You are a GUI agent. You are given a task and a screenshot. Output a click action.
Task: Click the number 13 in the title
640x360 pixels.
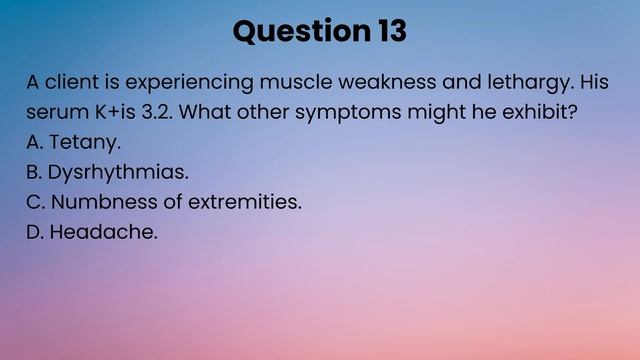392,31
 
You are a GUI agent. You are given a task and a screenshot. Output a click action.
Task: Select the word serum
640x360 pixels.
54,113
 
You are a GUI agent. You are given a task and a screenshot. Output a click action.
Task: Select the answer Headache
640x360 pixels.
104,232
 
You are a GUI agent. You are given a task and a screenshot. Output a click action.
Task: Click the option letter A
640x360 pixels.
34,142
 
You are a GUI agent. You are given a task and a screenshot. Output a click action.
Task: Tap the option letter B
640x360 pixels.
34,172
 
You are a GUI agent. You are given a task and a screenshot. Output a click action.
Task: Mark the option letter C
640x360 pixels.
34,202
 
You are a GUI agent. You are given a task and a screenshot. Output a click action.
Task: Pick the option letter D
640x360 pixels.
34,232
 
